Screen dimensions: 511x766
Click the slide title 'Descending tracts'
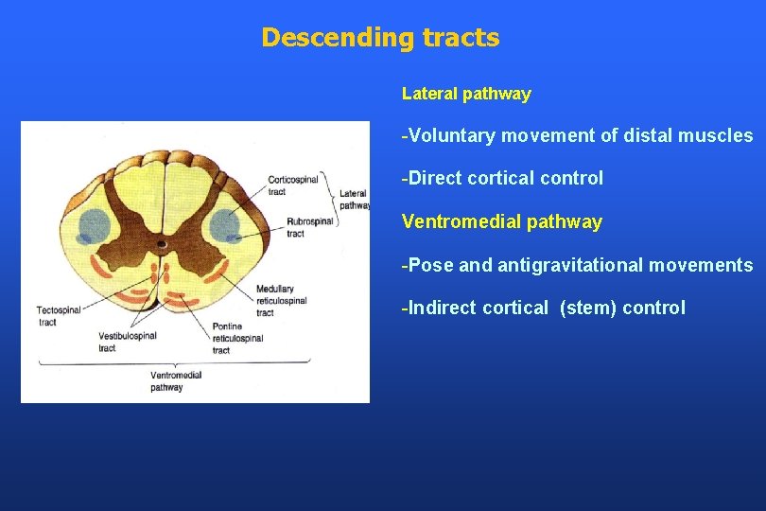380,38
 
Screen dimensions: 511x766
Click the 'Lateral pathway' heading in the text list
466,94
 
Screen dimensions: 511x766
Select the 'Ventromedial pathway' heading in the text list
501,222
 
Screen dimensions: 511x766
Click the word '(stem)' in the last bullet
586,308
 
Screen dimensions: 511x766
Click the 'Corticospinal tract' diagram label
292,185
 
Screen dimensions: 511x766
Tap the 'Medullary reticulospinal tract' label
281,300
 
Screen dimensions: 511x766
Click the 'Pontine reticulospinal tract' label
235,338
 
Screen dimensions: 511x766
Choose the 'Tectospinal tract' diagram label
59,315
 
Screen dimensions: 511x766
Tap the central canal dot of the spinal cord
162,244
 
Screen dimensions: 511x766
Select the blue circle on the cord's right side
226,224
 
